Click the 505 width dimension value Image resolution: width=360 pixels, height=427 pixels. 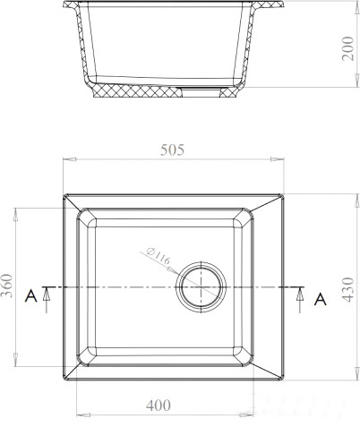coord(172,149)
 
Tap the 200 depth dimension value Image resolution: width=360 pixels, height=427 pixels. coord(347,48)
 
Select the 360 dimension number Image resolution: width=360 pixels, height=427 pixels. coord(7,286)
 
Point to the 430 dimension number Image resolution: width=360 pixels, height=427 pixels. coord(347,289)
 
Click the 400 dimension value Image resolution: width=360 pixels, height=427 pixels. coord(159,406)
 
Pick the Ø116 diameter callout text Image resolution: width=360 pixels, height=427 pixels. coord(159,256)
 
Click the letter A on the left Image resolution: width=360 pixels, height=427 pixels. coord(30,296)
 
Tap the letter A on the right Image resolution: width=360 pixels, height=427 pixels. coord(321,299)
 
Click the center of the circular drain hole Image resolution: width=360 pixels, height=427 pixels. coord(201,287)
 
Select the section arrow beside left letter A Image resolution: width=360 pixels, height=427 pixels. coord(47,300)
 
